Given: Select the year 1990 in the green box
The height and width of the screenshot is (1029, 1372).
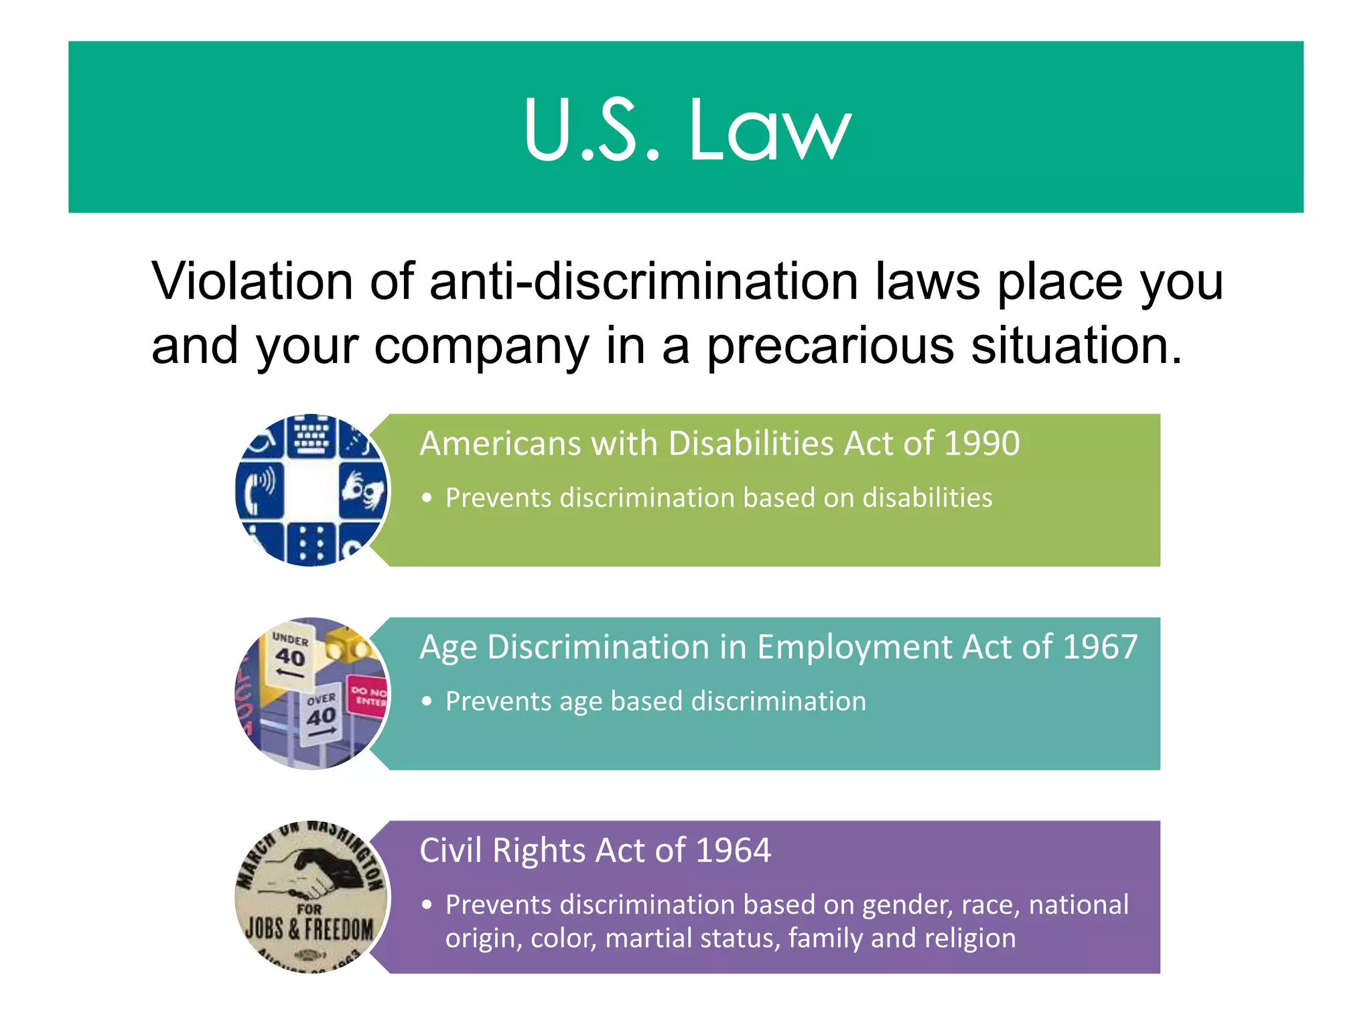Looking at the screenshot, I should (x=981, y=443).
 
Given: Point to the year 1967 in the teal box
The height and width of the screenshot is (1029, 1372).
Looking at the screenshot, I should (x=1099, y=647).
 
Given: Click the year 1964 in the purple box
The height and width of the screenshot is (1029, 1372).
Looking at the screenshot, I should (x=734, y=850).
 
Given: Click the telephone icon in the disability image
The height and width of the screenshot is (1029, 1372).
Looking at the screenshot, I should (x=260, y=488).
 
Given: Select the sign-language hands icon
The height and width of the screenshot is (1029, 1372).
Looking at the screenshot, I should (x=362, y=489).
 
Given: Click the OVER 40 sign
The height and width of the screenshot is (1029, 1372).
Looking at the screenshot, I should (x=321, y=711).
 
